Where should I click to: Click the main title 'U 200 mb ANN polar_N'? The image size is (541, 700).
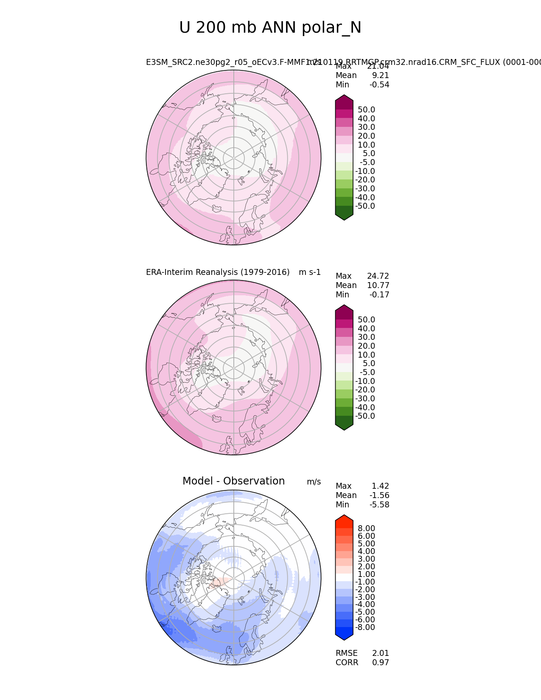coord(270,28)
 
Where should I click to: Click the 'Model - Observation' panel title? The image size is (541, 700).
coord(233,481)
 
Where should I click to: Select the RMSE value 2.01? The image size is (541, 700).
coord(380,653)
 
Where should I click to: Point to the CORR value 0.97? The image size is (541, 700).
coord(380,663)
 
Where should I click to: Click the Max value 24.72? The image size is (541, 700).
coord(378,276)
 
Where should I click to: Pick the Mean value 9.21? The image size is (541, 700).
coord(380,76)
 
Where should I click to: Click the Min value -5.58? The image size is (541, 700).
coord(379,505)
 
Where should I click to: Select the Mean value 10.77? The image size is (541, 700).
coord(378,286)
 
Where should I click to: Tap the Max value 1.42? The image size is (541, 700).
coord(380,486)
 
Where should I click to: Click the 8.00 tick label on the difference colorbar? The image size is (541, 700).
coord(366,528)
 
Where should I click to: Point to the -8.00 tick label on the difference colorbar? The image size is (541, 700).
coord(365,627)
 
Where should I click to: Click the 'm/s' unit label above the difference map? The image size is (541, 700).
coord(314,482)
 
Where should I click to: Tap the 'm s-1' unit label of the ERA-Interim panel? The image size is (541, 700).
coord(310,272)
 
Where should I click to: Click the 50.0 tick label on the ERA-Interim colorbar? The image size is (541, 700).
coord(366,320)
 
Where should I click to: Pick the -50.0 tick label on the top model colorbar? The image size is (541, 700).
coord(365,206)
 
